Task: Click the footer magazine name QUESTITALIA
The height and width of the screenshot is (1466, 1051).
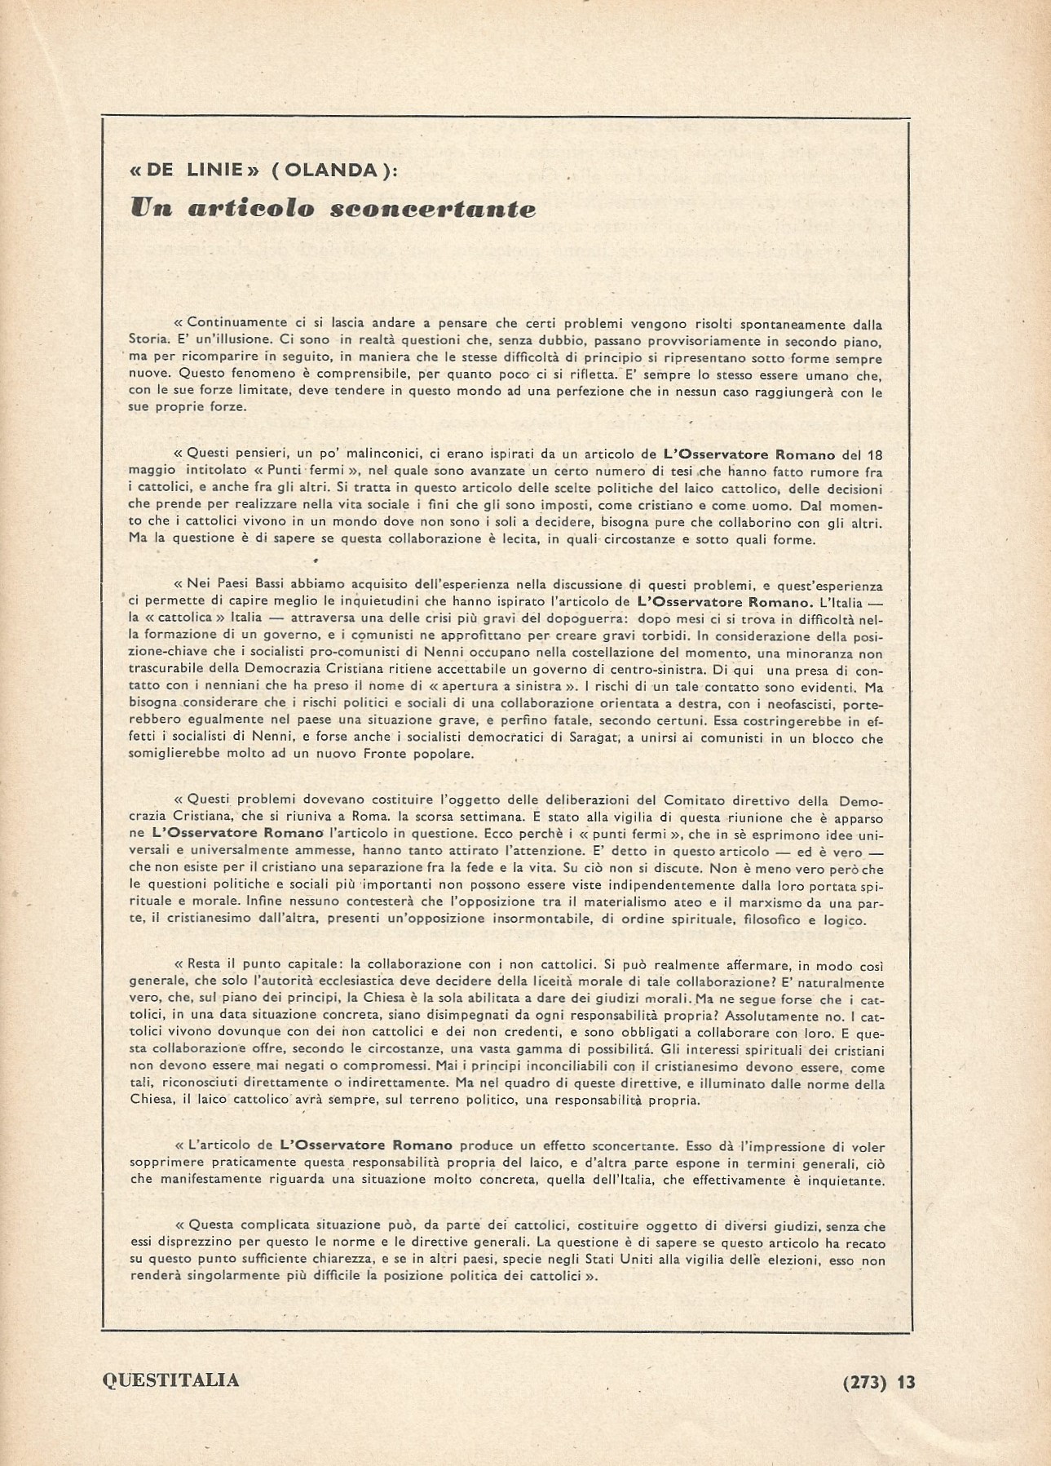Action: click(x=171, y=1380)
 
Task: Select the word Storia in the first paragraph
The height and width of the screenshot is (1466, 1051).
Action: click(x=147, y=342)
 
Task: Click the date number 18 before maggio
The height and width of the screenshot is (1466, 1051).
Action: click(x=874, y=454)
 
